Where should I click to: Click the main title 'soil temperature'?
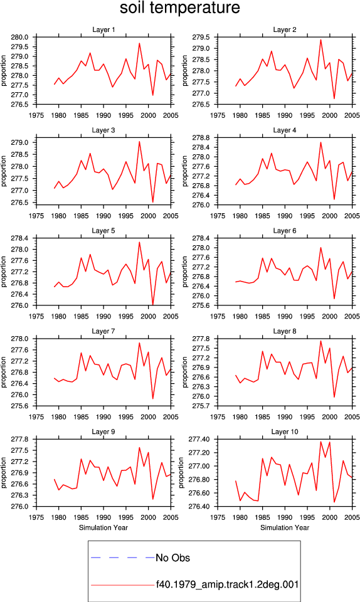(179, 8)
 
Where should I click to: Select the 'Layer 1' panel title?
(103, 29)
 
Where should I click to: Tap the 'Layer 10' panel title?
(284, 431)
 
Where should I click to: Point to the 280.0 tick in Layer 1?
(21, 37)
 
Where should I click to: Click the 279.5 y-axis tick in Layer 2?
(202, 37)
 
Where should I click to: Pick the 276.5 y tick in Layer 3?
(21, 203)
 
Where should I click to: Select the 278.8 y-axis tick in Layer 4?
(202, 138)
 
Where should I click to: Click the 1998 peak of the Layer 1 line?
(139, 43)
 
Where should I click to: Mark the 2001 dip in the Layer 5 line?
(153, 305)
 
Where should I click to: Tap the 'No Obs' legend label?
(172, 558)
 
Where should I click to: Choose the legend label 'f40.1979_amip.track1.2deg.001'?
(227, 584)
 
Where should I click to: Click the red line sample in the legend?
(122, 585)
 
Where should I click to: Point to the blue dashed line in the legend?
(122, 557)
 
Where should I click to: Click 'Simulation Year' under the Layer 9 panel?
(103, 527)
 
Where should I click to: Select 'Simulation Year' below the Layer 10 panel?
(284, 527)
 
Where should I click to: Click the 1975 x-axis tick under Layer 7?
(36, 417)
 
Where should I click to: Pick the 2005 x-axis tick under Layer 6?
(352, 316)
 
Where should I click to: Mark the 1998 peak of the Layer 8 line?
(320, 341)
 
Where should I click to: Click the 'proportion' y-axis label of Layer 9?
(4, 473)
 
